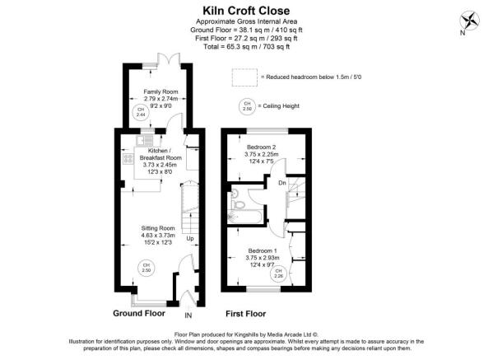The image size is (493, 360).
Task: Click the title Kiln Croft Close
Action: point(246,11)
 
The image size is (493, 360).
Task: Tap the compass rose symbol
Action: point(469,21)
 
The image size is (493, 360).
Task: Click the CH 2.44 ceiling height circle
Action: point(141,112)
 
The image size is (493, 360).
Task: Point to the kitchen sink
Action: point(144,140)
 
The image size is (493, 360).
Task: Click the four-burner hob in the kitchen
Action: point(128,159)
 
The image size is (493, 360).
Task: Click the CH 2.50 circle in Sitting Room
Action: point(147,268)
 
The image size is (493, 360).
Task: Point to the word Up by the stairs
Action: point(190,239)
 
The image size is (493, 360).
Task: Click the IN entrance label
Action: point(188,316)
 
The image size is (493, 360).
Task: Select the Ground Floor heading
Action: point(139,313)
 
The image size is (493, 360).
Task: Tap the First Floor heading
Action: point(246,314)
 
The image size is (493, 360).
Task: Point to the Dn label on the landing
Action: point(282,183)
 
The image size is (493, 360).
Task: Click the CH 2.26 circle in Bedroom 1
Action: point(278,274)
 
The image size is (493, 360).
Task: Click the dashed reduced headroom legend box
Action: point(244,77)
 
